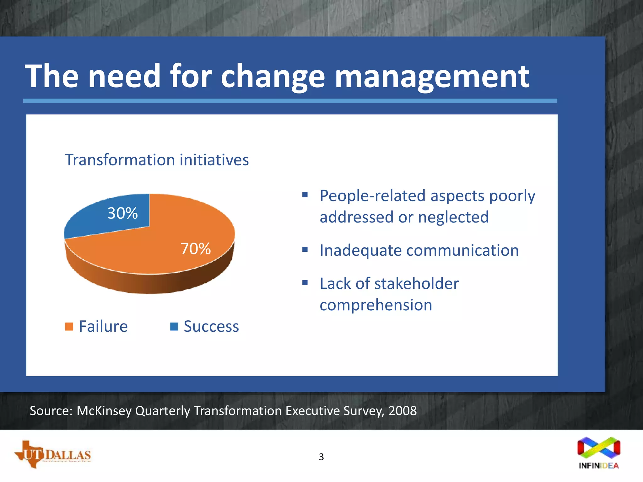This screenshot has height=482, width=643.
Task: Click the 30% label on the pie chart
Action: click(122, 213)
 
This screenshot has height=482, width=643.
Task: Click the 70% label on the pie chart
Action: click(195, 249)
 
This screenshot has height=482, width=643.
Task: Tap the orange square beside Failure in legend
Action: click(69, 327)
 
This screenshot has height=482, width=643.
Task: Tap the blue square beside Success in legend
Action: click(174, 327)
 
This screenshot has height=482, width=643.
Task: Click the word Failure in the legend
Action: click(103, 326)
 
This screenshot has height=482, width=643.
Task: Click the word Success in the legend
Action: click(211, 326)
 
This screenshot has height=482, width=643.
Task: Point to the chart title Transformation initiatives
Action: click(157, 160)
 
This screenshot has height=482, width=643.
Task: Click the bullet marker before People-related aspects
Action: click(305, 195)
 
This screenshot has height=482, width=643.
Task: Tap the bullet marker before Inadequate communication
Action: click(305, 249)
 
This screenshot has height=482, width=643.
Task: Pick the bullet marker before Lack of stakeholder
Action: click(305, 283)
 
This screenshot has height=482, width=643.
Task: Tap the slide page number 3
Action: click(321, 457)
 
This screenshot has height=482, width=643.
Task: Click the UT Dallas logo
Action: click(53, 454)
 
